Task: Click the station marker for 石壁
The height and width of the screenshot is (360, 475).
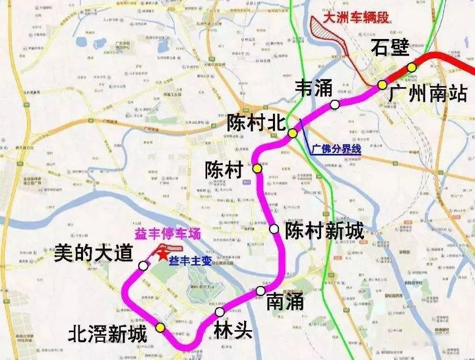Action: (412, 67)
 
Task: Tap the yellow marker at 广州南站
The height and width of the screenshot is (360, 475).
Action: (382, 85)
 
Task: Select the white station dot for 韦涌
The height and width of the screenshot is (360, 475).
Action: (335, 105)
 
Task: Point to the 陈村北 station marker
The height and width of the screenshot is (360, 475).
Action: (293, 133)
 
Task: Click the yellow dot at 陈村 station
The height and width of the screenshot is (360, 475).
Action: (258, 169)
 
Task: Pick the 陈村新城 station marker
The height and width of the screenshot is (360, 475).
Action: (274, 229)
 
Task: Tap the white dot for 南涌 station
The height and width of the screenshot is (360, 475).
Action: (260, 291)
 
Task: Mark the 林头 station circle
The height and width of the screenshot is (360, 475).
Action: (219, 311)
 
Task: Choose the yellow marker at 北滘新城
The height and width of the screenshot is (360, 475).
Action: (161, 328)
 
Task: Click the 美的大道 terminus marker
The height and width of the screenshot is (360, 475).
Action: (144, 265)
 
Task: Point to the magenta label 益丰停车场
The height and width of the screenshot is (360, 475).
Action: (167, 234)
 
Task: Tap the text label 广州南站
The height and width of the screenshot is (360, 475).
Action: (428, 94)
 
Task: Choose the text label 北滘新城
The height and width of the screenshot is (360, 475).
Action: (108, 334)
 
